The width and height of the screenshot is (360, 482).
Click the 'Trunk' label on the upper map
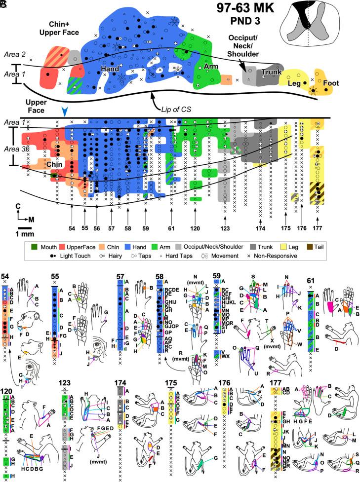pos(271,72)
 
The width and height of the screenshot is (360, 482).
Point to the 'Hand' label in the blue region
pos(110,69)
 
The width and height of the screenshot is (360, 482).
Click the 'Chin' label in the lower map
pos(53,161)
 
